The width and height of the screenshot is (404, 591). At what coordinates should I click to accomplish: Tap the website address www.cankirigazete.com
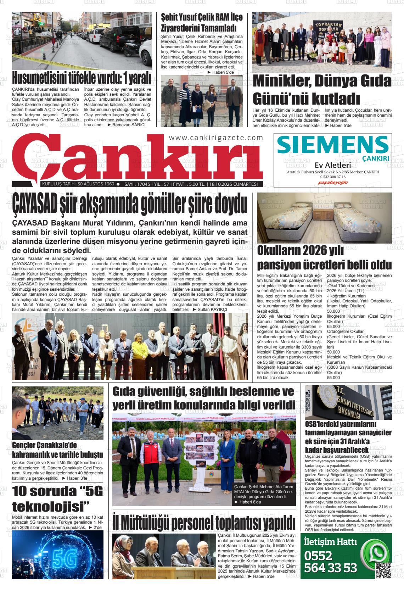(216, 138)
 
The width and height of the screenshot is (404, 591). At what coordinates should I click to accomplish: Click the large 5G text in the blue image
(64, 559)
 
